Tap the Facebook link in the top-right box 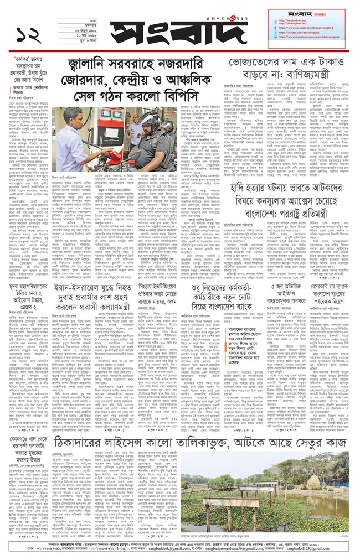coord(305,27)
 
